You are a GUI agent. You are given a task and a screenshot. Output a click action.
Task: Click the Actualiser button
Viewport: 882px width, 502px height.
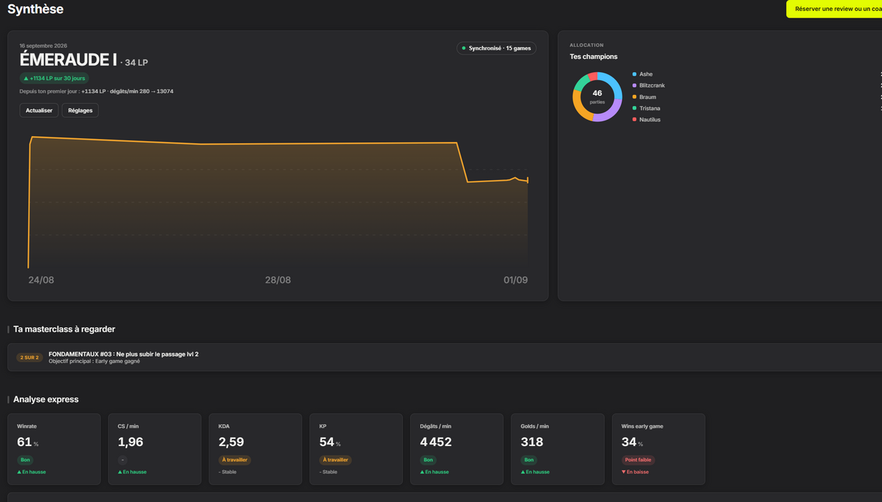coord(39,110)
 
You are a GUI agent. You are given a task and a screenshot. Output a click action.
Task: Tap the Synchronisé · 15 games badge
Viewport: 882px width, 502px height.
coord(496,48)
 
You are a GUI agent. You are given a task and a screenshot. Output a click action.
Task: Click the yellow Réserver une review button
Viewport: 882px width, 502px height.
coord(834,9)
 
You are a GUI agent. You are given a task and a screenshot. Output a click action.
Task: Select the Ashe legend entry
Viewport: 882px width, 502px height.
coord(642,74)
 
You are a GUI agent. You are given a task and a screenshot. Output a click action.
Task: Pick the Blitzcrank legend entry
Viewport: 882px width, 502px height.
coord(648,85)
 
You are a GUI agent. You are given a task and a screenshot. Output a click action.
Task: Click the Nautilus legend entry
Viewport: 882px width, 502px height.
coord(646,120)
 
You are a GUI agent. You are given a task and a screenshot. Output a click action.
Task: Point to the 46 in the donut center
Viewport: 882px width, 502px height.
coord(598,93)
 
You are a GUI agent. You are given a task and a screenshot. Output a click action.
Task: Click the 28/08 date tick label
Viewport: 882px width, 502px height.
coord(278,280)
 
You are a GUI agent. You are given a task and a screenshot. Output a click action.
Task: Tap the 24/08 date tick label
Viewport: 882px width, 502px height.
coord(41,280)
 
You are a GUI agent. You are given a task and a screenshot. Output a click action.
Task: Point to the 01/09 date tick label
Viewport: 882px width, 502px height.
coord(515,280)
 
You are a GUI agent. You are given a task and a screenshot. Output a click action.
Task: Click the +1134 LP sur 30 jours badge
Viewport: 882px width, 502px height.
coord(54,79)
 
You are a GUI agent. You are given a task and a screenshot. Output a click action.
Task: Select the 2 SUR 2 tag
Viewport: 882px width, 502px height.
coord(29,357)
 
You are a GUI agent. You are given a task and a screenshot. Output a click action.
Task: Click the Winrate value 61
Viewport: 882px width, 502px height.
coord(24,442)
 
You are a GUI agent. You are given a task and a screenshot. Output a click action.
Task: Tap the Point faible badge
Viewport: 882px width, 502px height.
coord(638,460)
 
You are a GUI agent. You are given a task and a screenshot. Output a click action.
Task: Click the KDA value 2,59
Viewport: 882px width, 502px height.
coord(231,442)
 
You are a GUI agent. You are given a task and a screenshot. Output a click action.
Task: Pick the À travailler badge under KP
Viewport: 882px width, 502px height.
coord(335,460)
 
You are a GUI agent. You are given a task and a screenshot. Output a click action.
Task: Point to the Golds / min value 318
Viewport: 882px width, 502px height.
coord(531,442)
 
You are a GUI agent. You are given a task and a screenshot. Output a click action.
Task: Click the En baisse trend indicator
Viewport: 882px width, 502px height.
coord(635,472)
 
